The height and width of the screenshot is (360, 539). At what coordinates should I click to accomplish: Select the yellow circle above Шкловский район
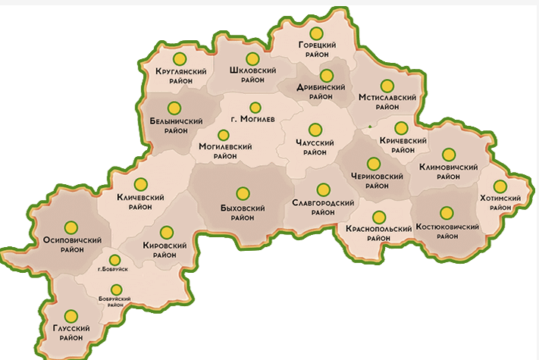click(252, 58)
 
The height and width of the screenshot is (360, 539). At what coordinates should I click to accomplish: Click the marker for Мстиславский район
click(387, 86)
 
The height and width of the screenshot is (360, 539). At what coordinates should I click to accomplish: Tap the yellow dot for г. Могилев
click(255, 108)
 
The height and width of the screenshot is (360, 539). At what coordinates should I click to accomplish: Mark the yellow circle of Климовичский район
click(448, 154)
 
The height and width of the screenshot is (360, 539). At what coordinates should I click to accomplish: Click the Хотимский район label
click(500, 202)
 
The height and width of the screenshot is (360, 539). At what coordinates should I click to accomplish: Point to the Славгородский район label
click(324, 208)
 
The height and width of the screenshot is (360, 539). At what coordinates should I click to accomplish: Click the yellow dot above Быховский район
click(243, 193)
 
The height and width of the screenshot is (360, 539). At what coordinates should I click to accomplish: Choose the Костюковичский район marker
click(447, 212)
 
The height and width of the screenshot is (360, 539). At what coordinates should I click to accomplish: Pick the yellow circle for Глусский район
click(71, 316)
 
